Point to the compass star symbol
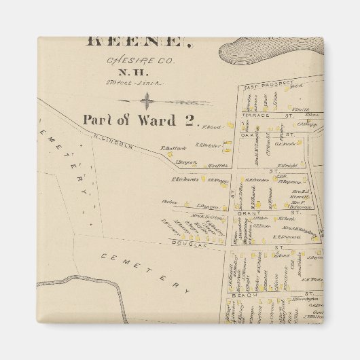pyautogui.click(x=146, y=102)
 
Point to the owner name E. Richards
pyautogui.click(x=184, y=180)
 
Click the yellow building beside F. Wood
pyautogui.click(x=230, y=126)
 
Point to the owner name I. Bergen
pyautogui.click(x=186, y=162)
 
